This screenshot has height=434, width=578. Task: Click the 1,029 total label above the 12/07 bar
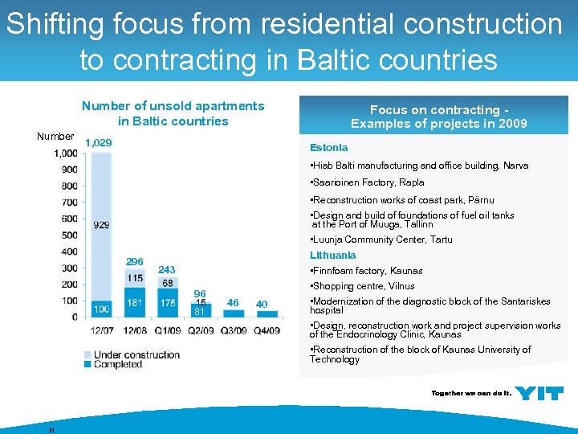click(x=98, y=143)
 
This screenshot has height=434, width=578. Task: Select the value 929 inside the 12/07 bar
click(x=101, y=226)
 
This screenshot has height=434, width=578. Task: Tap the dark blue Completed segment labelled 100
click(x=101, y=309)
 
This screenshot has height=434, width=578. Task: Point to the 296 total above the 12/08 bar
click(x=134, y=262)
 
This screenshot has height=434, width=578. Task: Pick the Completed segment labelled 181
click(x=134, y=303)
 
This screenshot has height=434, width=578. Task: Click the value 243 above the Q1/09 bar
click(x=167, y=269)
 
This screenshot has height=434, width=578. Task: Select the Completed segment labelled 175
click(x=168, y=303)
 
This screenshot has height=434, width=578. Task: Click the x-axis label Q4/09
click(x=267, y=330)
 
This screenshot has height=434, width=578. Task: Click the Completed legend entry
click(x=118, y=364)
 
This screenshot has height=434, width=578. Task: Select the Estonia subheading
click(x=329, y=148)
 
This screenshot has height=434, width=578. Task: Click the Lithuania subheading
click(x=333, y=255)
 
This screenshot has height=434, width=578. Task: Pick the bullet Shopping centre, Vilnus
click(x=362, y=286)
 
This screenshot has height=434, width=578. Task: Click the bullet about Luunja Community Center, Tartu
click(x=381, y=240)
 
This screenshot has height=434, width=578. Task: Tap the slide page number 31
click(x=51, y=430)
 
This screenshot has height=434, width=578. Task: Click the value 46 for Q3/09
click(x=233, y=303)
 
